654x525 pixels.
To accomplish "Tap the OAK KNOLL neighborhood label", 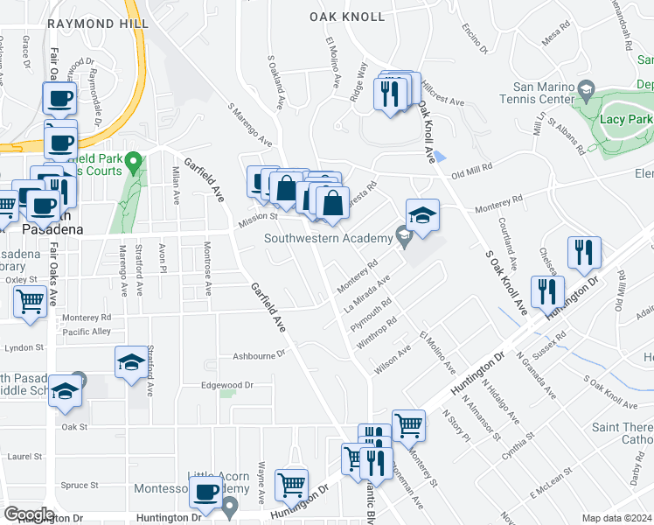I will [x=347, y=17].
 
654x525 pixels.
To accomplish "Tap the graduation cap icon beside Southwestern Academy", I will [x=421, y=216].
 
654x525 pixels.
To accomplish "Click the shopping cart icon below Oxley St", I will [x=31, y=303].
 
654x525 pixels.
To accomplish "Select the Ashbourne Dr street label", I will [x=260, y=355].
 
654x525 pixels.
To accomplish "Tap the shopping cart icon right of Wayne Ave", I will [x=291, y=483].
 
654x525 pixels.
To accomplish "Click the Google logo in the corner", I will [x=28, y=514].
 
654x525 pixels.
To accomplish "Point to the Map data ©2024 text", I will [x=617, y=518].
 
